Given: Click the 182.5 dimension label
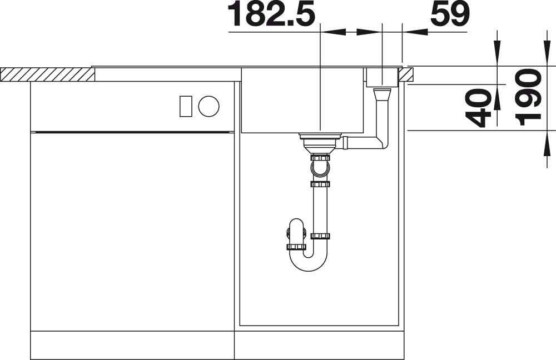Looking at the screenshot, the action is (271, 14).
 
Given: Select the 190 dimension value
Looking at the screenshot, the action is (528, 97).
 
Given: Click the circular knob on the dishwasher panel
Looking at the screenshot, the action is (209, 106).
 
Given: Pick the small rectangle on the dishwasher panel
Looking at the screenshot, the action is (186, 106).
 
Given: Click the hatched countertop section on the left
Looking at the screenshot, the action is (47, 74).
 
